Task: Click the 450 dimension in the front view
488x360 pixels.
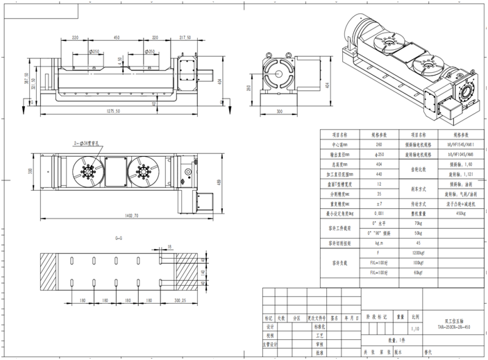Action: pyautogui.click(x=117, y=37)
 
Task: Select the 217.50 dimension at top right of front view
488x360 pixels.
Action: pyautogui.click(x=185, y=37)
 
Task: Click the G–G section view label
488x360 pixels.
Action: pyautogui.click(x=120, y=238)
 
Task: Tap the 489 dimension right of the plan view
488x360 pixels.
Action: pyautogui.click(x=219, y=182)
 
